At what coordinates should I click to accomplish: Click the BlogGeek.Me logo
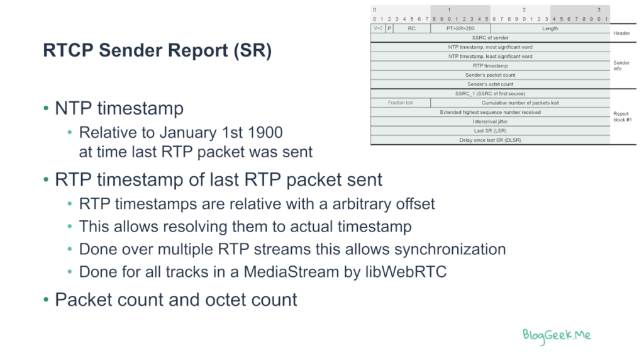[x=557, y=335]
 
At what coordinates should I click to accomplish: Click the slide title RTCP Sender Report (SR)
[x=157, y=50]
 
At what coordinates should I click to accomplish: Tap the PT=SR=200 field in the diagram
[x=460, y=28]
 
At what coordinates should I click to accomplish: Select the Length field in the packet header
[x=550, y=28]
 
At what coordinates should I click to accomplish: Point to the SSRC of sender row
[x=490, y=37]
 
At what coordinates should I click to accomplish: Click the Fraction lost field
[x=401, y=103]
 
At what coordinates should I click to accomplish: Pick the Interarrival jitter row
[x=490, y=121]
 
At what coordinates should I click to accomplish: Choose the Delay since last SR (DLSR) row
[x=490, y=140]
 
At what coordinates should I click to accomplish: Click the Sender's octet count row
[x=490, y=84]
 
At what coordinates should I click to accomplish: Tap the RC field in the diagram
[x=411, y=28]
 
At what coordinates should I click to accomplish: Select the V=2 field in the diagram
[x=378, y=28]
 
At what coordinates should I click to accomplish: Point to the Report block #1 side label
[x=622, y=116]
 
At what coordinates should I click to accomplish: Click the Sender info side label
[x=621, y=65]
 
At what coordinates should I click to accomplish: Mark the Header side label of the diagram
[x=621, y=33]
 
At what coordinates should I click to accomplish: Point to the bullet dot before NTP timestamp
[x=46, y=108]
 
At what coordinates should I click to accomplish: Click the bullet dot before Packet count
[x=46, y=300]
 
